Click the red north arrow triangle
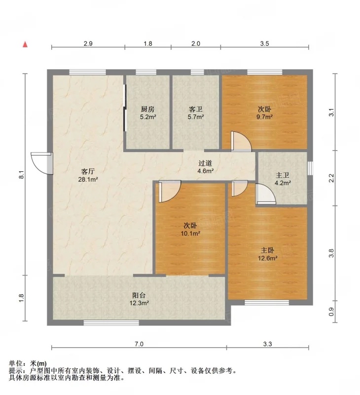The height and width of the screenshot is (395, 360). [25, 44]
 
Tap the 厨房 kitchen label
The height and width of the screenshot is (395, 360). [147, 109]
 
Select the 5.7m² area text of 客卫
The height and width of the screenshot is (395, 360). [196, 117]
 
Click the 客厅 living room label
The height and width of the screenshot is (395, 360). [88, 171]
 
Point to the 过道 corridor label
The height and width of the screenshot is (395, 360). [205, 163]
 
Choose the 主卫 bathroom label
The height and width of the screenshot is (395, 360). [283, 175]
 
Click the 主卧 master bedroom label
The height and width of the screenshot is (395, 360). [267, 250]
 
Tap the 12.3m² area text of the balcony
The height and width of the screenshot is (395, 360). [139, 303]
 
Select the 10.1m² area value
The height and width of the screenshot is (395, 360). [190, 234]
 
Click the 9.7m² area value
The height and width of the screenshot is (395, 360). [265, 117]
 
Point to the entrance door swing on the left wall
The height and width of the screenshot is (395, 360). [41, 163]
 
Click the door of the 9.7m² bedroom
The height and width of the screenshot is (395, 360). [241, 142]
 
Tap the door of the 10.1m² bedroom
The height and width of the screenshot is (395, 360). [170, 192]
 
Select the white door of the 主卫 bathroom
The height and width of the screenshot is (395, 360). [266, 194]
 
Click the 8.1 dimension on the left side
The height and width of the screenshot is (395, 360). [22, 175]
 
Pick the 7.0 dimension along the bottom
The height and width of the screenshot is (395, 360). [139, 344]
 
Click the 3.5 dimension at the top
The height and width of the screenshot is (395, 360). [264, 43]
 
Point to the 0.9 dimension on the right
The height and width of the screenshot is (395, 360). [331, 312]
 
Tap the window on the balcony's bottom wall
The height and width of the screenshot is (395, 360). [111, 323]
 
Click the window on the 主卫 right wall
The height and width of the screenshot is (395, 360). [311, 168]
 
